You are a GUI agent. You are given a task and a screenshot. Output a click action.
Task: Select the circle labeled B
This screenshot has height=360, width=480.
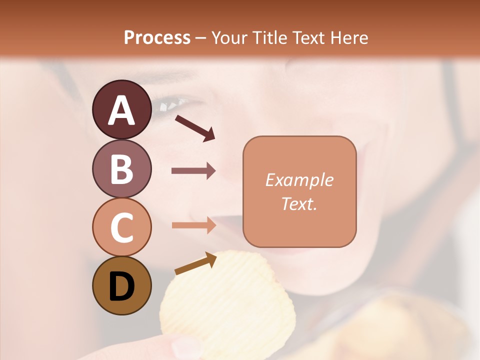point(122,168)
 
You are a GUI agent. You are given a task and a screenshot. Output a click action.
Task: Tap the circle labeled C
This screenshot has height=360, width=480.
point(122,227)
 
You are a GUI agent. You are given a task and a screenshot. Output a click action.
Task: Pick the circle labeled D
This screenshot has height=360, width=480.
point(122,285)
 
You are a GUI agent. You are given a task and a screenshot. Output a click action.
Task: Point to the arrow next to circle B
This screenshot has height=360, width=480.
point(193,171)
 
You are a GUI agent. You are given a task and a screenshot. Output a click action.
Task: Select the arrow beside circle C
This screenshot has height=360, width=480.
point(193,225)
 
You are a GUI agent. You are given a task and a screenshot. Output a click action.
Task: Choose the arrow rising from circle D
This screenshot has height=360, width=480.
point(195,263)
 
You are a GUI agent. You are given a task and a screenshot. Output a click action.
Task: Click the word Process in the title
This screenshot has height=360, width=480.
point(157,37)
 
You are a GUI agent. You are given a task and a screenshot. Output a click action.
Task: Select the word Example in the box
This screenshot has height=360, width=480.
point(299,180)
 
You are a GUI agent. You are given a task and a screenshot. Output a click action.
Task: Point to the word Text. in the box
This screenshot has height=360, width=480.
point(299,203)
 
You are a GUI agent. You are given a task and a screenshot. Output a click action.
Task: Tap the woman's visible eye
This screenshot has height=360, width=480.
point(170,104)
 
